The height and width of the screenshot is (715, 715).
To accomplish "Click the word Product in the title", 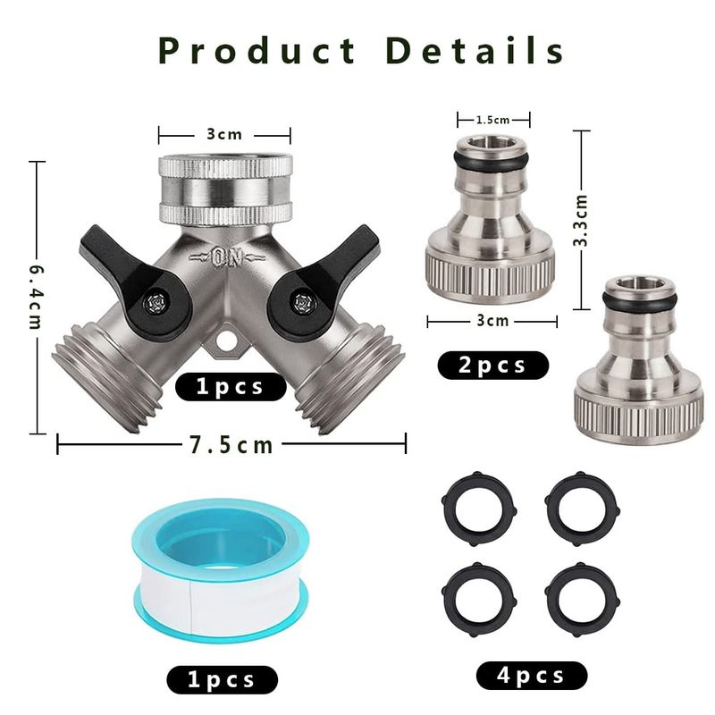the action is point(257,50).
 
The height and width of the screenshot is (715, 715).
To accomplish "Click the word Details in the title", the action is point(475,50).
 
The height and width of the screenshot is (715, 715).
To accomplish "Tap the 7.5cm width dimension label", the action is point(231,445).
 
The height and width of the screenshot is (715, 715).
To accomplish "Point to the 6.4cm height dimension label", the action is point(37,298).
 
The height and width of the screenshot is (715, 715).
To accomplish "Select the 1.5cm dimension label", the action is point(492,120).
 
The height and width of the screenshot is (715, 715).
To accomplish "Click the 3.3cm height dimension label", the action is point(580,221).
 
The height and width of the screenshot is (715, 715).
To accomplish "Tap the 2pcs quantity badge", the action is point(493,366).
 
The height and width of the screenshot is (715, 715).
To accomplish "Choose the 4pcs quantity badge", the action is point(532,676).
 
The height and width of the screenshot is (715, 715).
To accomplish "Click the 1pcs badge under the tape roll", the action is point(222,680).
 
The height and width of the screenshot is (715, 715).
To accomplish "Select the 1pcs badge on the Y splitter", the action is point(231,387).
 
